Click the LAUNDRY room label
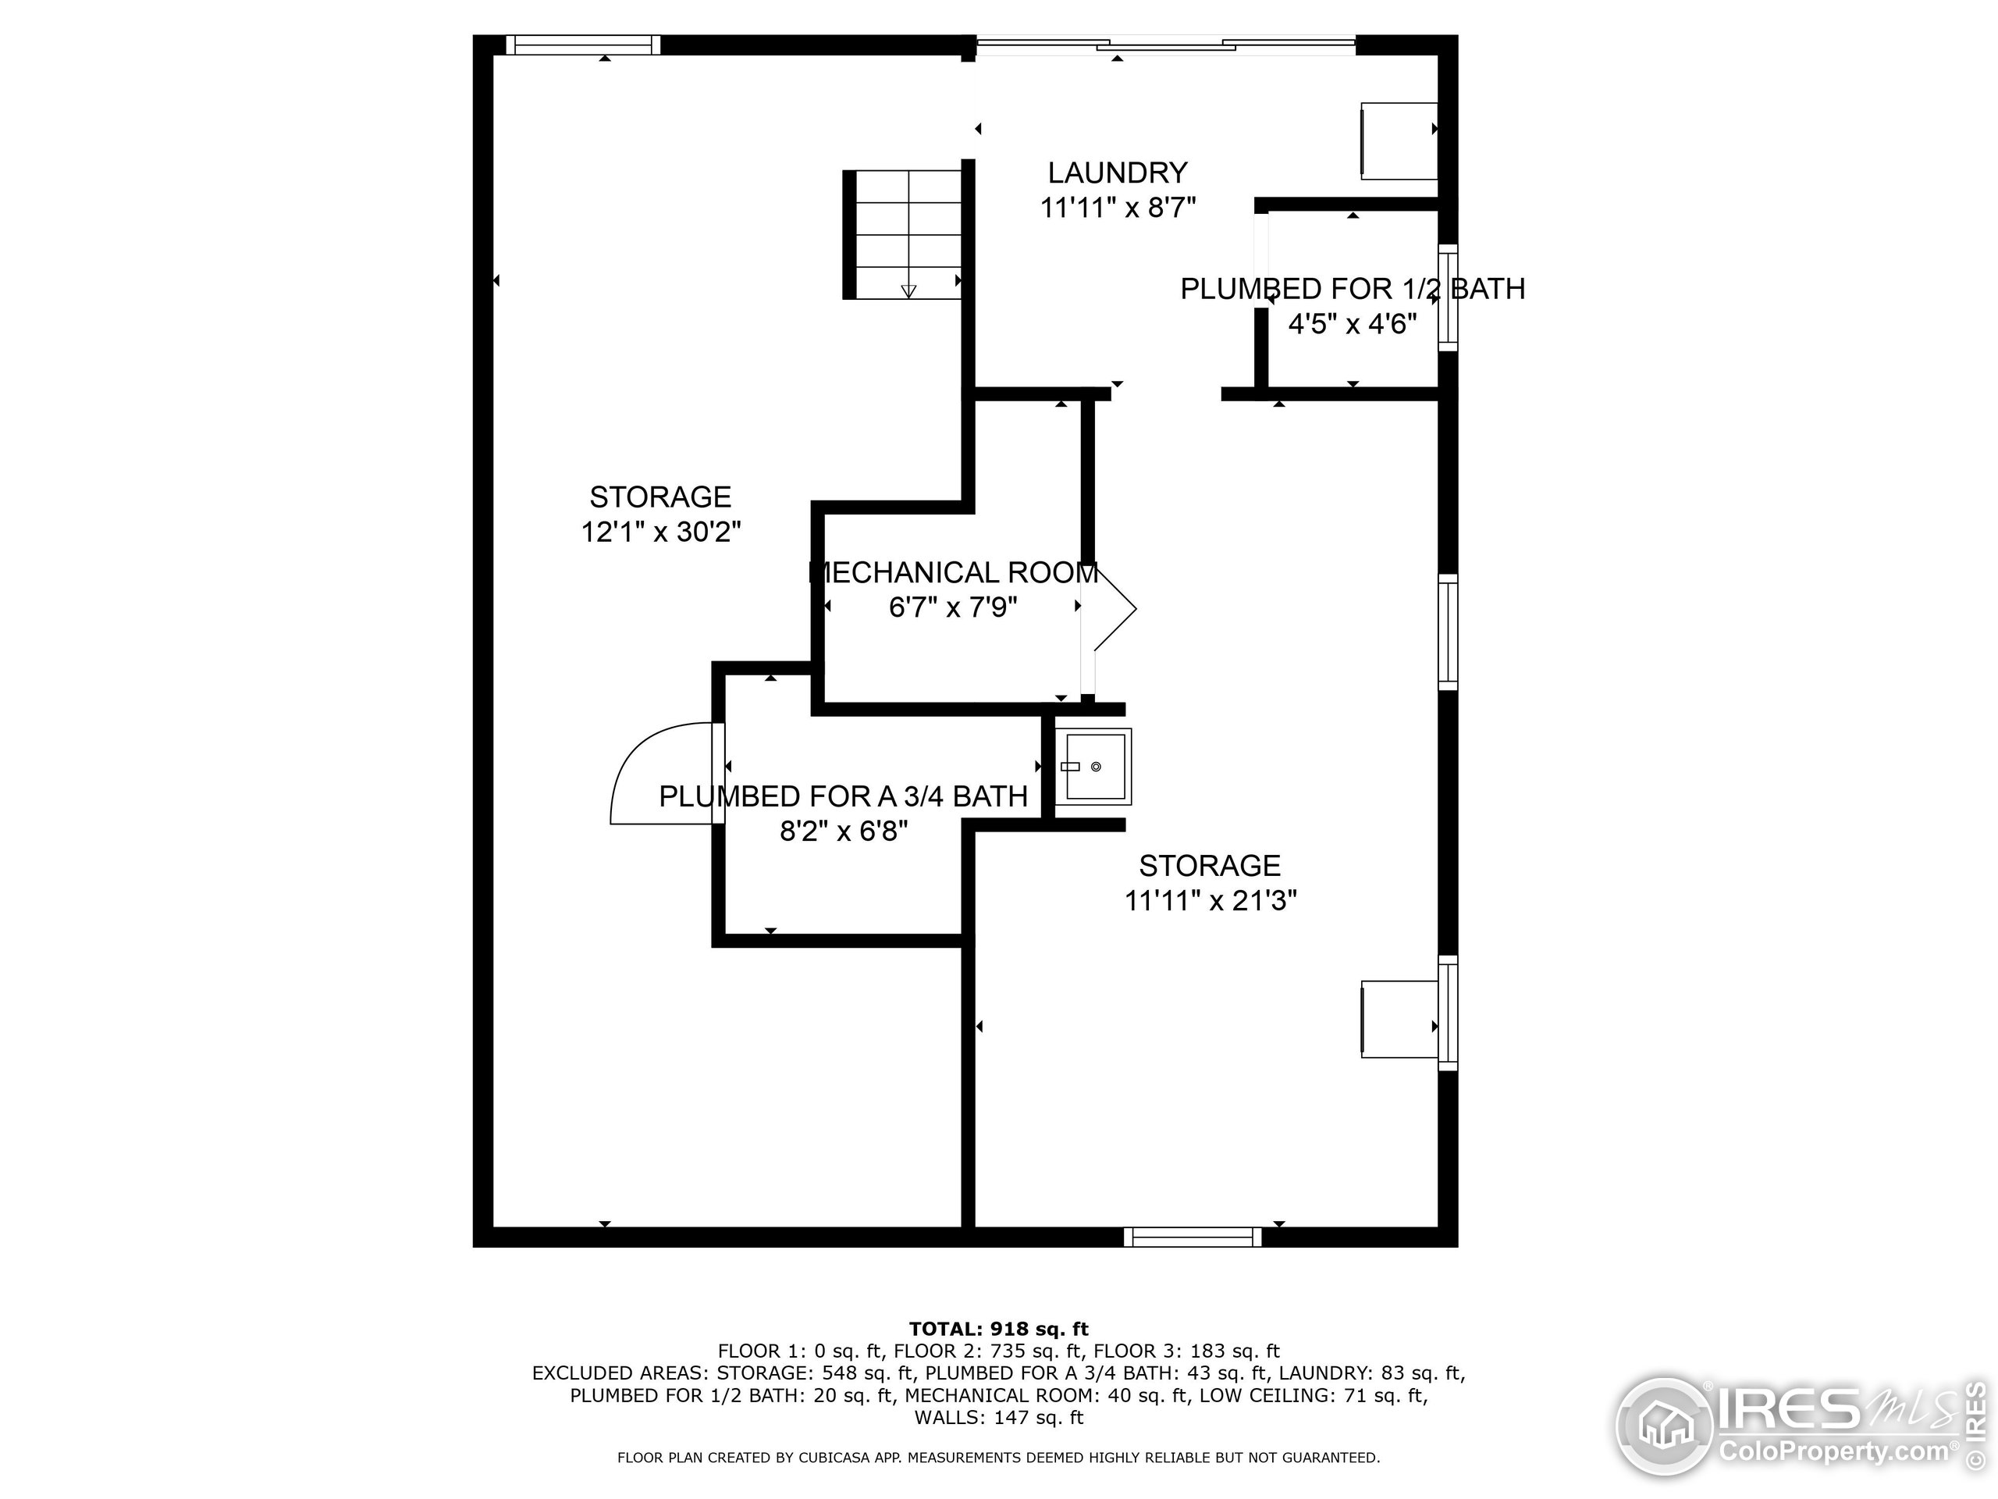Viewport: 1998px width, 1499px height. tap(1118, 173)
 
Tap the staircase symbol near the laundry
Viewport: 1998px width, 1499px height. tap(903, 234)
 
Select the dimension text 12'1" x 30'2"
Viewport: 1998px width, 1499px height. tap(660, 532)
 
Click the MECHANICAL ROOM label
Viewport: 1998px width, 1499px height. tap(954, 573)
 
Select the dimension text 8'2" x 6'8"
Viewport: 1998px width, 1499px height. tap(844, 831)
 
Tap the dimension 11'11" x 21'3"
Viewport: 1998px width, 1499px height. tap(1211, 901)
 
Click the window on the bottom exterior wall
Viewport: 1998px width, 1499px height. tap(1193, 1237)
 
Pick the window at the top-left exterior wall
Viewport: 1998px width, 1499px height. tap(582, 45)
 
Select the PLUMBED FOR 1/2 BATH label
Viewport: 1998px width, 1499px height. tap(1353, 289)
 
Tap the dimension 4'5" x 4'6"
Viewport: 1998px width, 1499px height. tap(1353, 323)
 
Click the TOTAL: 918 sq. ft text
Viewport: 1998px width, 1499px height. tap(998, 1329)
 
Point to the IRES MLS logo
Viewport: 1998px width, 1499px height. tap(1797, 1428)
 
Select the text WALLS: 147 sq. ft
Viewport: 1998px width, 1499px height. tap(998, 1418)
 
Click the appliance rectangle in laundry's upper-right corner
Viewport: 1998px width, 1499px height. tap(1399, 141)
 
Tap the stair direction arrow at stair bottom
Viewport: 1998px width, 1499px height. tap(908, 291)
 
